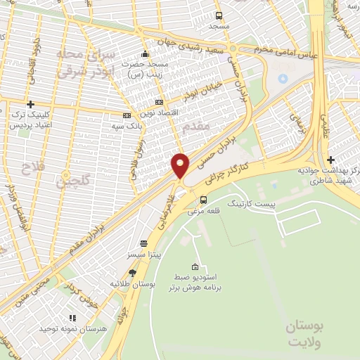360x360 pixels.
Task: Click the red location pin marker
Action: (x=180, y=166)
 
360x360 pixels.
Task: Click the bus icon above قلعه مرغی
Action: (x=204, y=199)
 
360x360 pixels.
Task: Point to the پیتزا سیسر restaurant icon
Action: (x=143, y=241)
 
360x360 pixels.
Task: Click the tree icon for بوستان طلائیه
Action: (x=132, y=273)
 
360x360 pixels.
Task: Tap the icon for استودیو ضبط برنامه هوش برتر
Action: (x=195, y=266)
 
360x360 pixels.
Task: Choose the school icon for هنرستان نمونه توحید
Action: (x=72, y=318)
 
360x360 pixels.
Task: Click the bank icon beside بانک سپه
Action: (x=127, y=115)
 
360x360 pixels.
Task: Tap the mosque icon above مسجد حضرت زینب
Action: (x=146, y=54)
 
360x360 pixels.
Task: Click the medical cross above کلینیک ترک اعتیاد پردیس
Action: (x=30, y=103)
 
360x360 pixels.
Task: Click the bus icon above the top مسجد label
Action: (x=219, y=15)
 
